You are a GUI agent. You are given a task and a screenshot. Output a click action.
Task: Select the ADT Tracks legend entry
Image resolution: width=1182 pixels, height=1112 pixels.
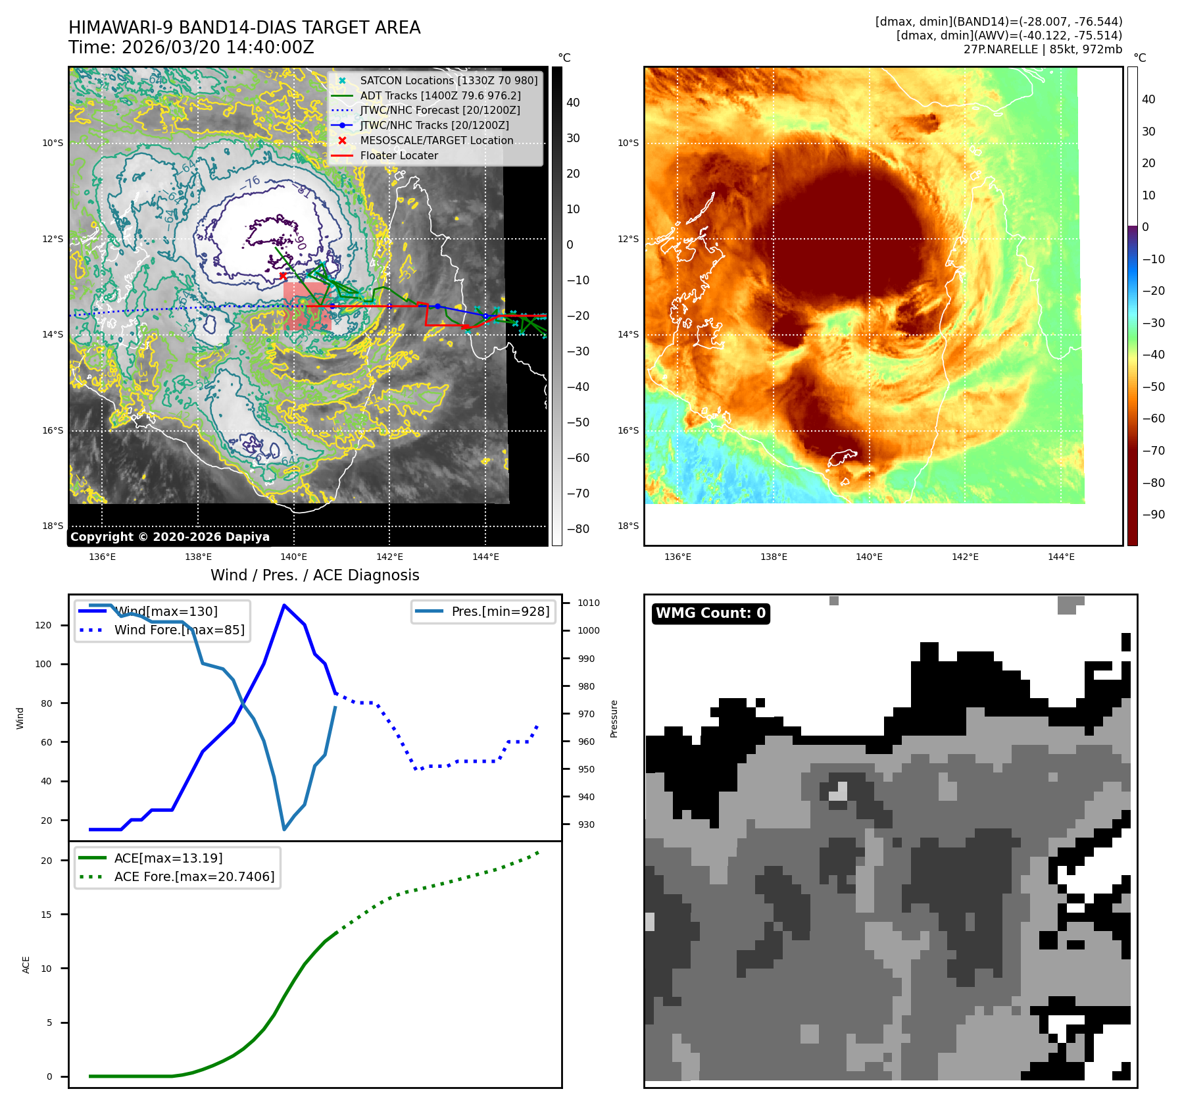coord(440,95)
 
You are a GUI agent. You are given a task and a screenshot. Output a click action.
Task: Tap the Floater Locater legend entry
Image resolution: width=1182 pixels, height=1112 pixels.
coord(399,155)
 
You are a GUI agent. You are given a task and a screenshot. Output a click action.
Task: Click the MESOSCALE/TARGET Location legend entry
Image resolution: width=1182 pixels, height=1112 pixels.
coord(436,140)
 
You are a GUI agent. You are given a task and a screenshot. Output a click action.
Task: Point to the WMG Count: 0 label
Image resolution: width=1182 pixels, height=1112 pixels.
coord(710,613)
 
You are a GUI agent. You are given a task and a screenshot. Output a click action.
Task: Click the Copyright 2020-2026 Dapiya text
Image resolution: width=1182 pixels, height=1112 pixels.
coord(170,537)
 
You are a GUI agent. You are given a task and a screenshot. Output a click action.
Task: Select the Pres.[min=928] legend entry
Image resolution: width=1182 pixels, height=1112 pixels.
coord(500,611)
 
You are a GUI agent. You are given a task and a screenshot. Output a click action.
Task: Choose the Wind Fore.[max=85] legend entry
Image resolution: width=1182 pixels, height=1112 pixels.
coord(179,630)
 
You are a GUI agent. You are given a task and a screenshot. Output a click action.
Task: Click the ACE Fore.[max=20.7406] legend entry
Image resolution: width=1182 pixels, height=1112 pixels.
coord(194,876)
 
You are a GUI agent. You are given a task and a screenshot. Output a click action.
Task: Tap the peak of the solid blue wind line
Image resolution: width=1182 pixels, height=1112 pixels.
coord(283,605)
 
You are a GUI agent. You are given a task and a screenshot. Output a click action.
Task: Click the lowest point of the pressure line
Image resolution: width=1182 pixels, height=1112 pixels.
coord(283,829)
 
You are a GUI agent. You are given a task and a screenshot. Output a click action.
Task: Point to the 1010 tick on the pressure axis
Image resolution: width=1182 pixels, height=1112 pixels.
coord(588,603)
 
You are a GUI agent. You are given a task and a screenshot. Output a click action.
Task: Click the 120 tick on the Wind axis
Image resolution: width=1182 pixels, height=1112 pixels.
coord(43,625)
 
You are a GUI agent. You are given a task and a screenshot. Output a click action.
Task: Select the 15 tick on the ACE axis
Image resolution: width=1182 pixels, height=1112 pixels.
coord(46,915)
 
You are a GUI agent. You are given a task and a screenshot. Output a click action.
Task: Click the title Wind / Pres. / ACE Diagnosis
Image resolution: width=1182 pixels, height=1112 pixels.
coord(314,575)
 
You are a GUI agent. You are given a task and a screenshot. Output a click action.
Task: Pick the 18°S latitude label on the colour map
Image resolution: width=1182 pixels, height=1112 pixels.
coord(628,526)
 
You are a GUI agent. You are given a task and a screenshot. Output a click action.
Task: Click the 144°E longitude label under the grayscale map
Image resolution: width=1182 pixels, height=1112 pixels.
coord(485,557)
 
